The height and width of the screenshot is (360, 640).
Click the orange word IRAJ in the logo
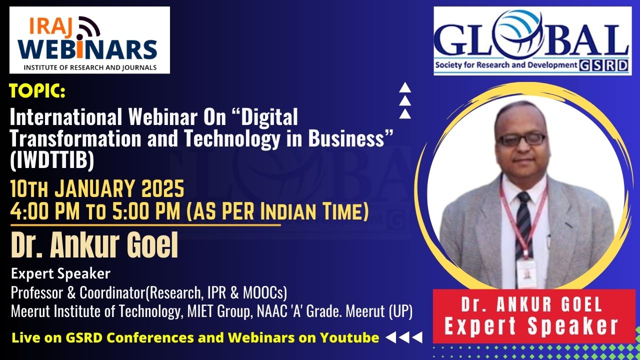click(x=50, y=27)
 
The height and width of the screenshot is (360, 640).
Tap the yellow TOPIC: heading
click(x=37, y=90)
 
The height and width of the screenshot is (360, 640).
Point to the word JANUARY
click(x=94, y=188)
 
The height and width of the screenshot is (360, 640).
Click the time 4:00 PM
click(x=45, y=211)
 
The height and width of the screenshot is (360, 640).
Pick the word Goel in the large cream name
click(x=152, y=244)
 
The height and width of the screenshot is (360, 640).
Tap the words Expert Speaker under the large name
click(x=60, y=273)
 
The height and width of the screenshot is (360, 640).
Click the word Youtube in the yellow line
click(x=349, y=337)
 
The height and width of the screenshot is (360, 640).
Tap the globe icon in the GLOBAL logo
click(x=519, y=33)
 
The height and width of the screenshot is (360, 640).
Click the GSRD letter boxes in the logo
click(x=603, y=65)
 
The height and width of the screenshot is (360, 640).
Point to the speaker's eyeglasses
click(x=521, y=139)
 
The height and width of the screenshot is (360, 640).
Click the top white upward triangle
click(x=405, y=87)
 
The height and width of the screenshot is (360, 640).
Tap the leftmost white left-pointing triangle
click(x=391, y=337)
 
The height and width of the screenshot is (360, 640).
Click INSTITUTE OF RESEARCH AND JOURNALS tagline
click(x=90, y=67)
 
